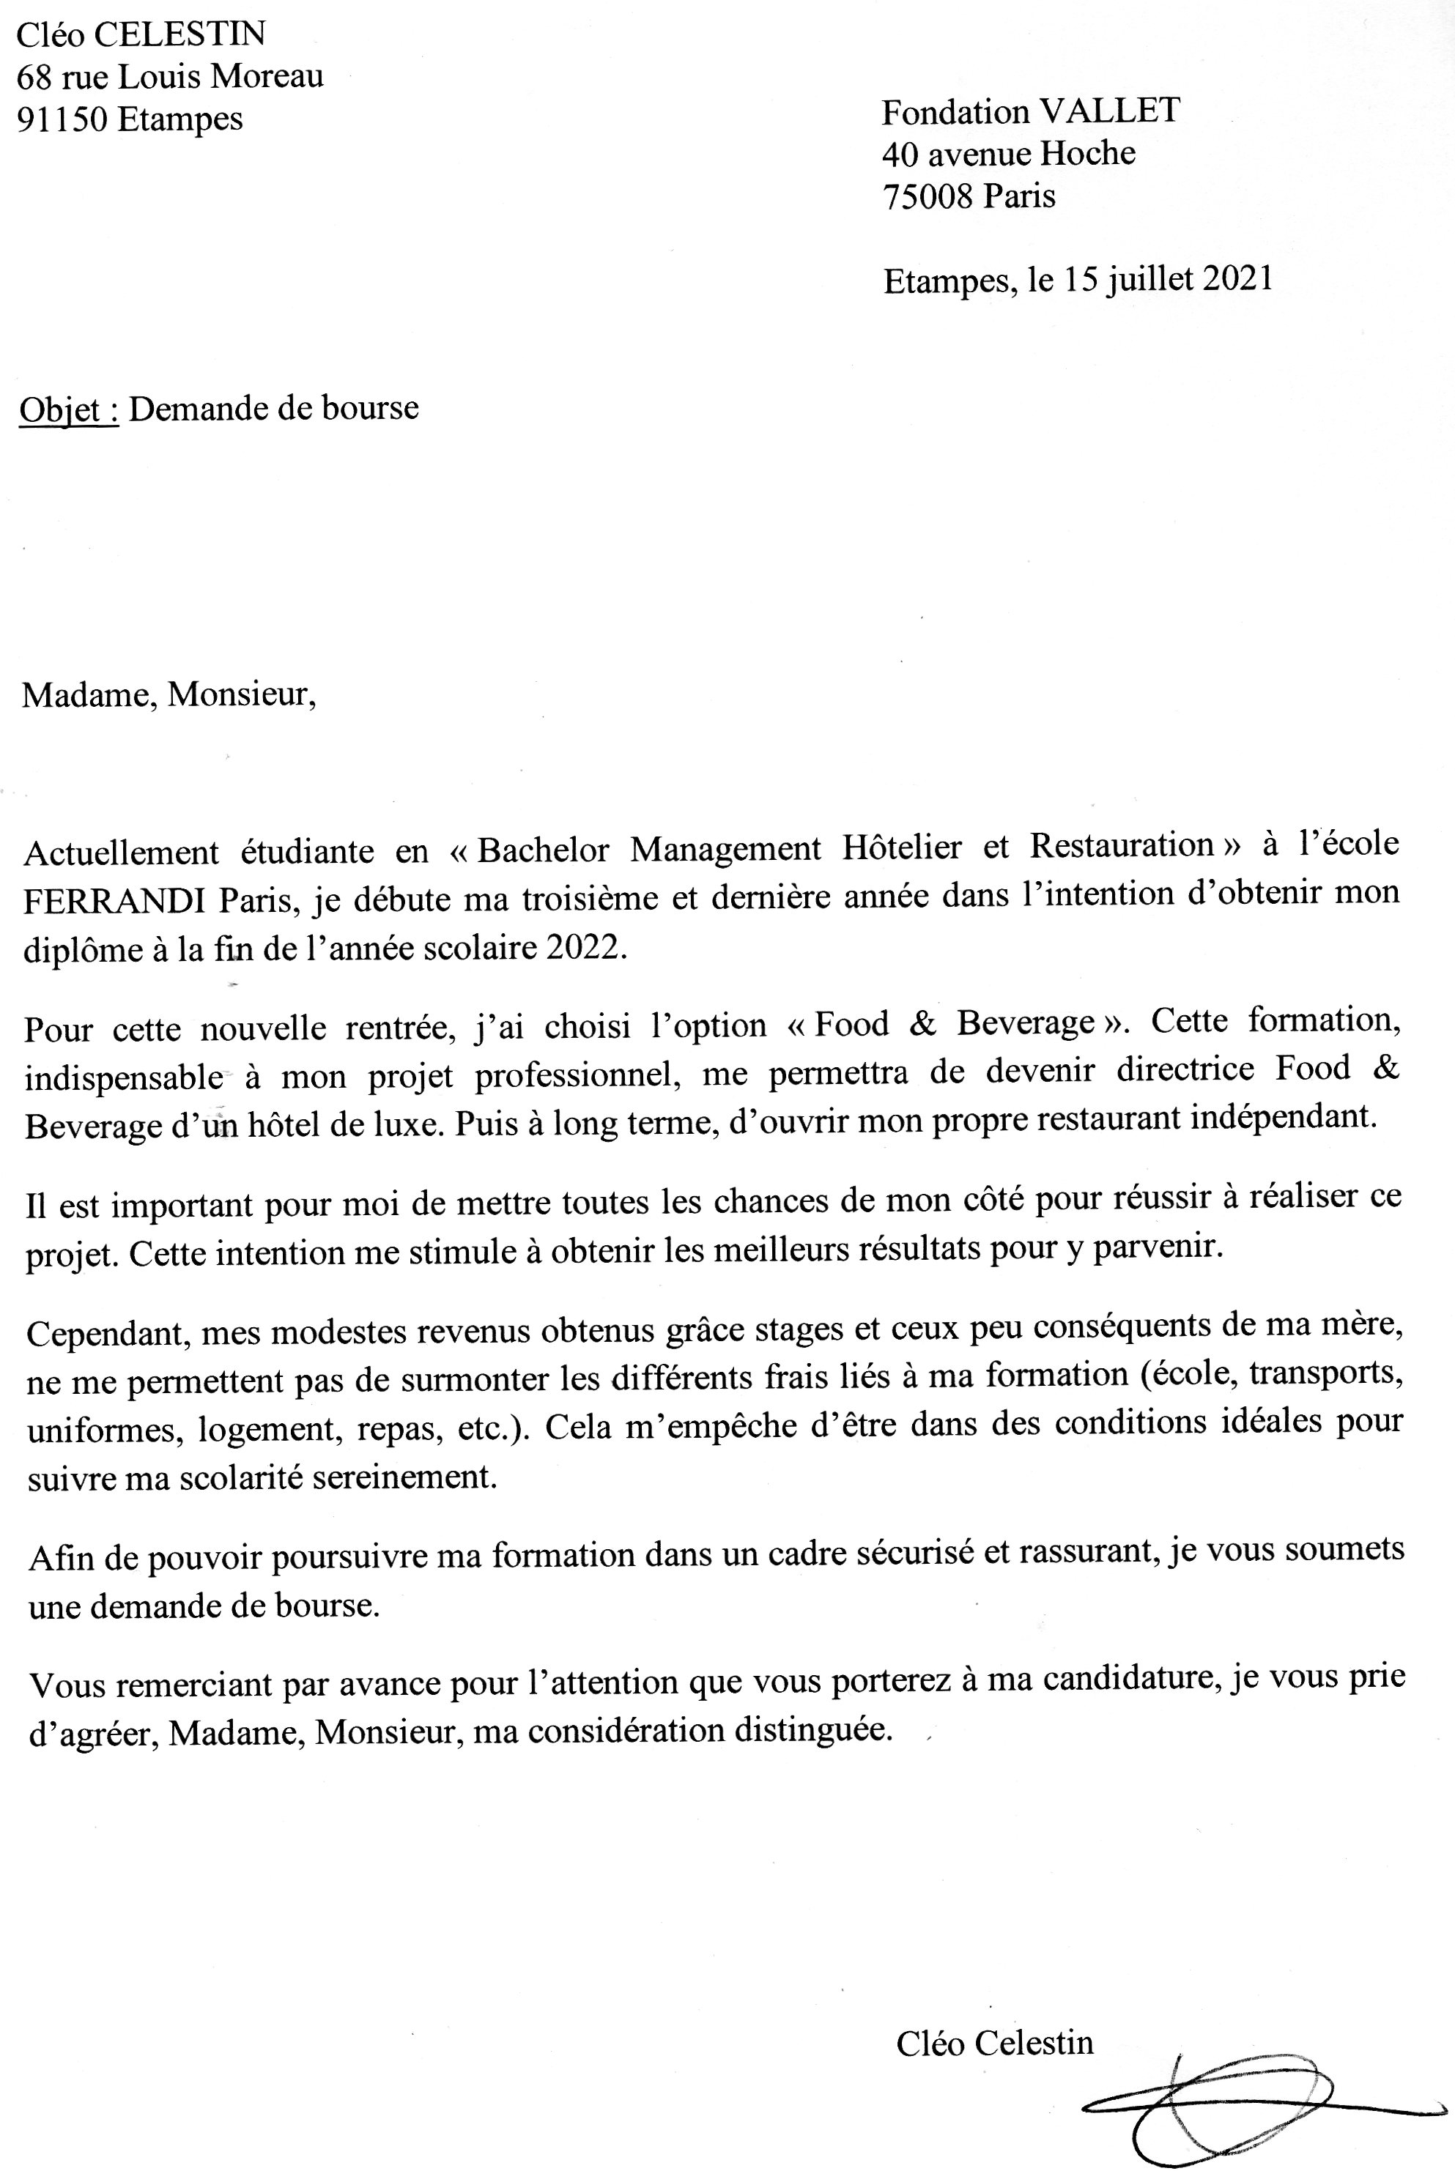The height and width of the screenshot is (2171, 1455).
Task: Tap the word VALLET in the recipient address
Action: [1109, 112]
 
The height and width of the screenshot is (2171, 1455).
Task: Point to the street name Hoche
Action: [1087, 153]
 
